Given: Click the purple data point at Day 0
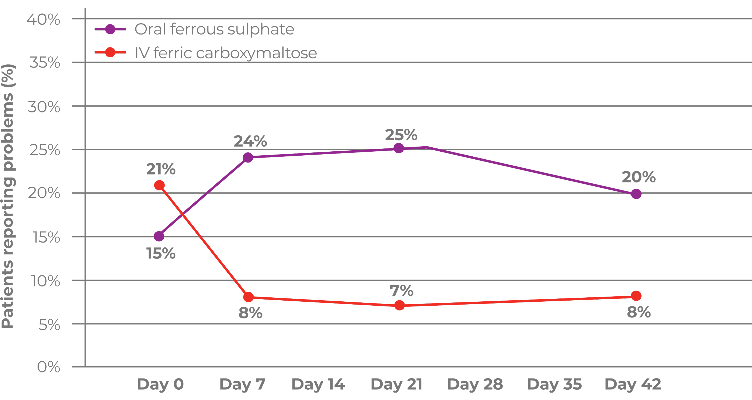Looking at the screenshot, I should pyautogui.click(x=159, y=236).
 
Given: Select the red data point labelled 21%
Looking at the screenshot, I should pyautogui.click(x=159, y=185).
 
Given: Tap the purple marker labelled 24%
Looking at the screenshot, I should pyautogui.click(x=248, y=157).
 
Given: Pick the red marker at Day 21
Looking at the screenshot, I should pyautogui.click(x=399, y=305).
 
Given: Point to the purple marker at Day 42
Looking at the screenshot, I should pyautogui.click(x=636, y=194).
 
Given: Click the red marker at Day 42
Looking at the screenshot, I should pyautogui.click(x=636, y=296).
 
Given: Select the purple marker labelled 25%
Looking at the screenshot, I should pyautogui.click(x=399, y=148).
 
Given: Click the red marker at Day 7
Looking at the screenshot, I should pyautogui.click(x=248, y=297).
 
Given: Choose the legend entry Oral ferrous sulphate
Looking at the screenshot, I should pyautogui.click(x=214, y=29).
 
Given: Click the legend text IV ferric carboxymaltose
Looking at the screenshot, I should pyautogui.click(x=226, y=53).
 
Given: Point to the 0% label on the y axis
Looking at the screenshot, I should pyautogui.click(x=48, y=367).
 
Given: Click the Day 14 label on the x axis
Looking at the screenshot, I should pyautogui.click(x=318, y=384).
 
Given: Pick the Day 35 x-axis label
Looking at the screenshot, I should pyautogui.click(x=554, y=384).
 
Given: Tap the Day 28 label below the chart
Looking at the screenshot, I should pyautogui.click(x=475, y=384).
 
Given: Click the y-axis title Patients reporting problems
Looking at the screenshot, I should pyautogui.click(x=8, y=196).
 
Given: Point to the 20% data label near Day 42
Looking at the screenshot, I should pyautogui.click(x=639, y=177).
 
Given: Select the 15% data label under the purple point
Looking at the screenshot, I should pyautogui.click(x=161, y=253).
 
